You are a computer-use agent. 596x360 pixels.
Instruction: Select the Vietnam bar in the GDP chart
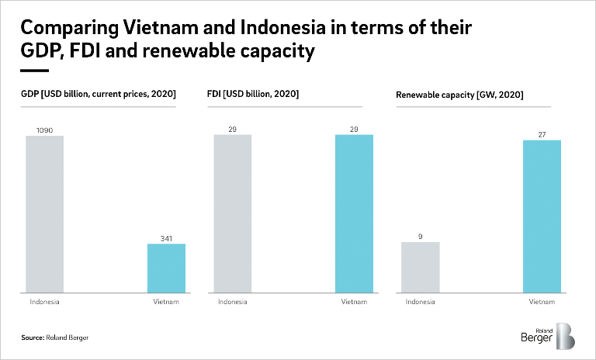[x=166, y=268]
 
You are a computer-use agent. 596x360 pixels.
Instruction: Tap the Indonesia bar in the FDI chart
[x=233, y=214]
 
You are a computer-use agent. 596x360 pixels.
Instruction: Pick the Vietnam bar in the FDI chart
[x=355, y=214]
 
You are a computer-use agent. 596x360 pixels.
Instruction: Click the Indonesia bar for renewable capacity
[x=421, y=268]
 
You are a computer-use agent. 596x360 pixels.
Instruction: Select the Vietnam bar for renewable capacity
[x=542, y=216]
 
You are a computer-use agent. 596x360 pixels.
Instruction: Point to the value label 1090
[x=44, y=130]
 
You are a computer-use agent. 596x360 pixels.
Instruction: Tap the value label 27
[x=542, y=133]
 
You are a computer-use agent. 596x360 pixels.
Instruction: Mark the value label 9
[x=421, y=235]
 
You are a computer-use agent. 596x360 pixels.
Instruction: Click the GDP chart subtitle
[x=99, y=94]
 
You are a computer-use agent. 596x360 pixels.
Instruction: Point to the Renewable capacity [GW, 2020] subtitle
[x=459, y=95]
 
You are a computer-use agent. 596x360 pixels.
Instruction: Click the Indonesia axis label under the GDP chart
[x=44, y=301]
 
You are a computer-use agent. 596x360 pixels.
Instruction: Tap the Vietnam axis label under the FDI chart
[x=355, y=301]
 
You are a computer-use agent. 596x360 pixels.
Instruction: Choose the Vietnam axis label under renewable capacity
[x=542, y=301]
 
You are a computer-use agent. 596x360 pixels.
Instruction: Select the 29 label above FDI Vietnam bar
[x=355, y=129]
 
